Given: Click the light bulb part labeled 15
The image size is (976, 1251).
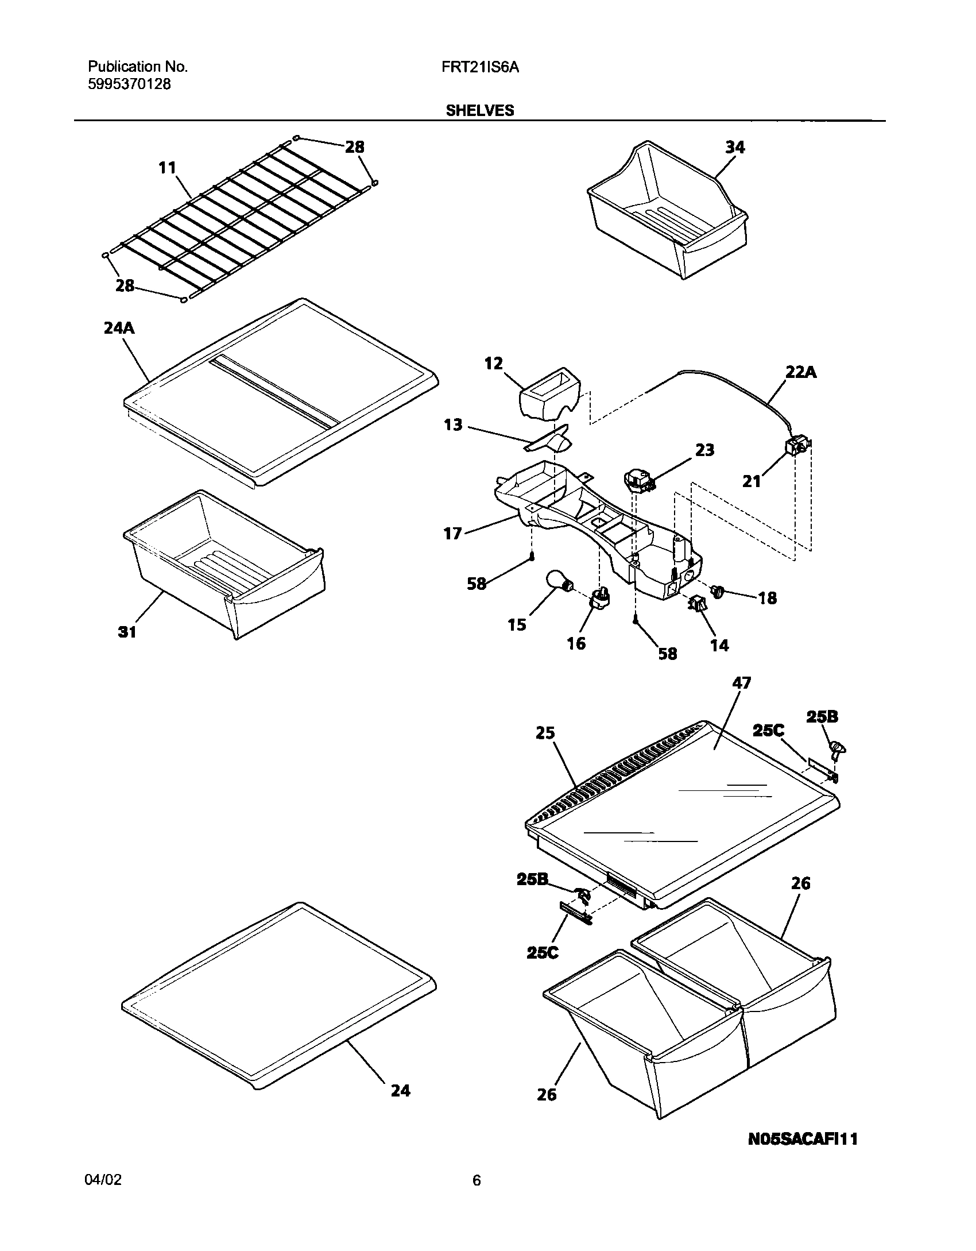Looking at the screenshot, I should (556, 580).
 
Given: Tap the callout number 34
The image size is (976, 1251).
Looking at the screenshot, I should (734, 148).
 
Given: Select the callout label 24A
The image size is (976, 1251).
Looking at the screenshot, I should (119, 328).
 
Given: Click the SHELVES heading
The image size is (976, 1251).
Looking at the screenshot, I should (480, 111).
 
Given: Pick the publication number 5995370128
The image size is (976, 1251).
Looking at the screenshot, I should (129, 84).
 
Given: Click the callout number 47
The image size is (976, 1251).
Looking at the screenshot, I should (742, 683).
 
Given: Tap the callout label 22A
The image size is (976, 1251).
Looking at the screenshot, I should (801, 373).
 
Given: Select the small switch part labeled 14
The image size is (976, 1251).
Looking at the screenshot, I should (697, 604).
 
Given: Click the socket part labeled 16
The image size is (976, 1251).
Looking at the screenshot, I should (599, 599).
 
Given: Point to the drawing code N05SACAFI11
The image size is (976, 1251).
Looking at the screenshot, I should (803, 1139).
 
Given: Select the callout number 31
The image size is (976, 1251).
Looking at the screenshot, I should (127, 632).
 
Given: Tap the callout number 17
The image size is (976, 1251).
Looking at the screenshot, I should (452, 534).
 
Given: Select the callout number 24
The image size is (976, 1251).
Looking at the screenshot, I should (400, 1090).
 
